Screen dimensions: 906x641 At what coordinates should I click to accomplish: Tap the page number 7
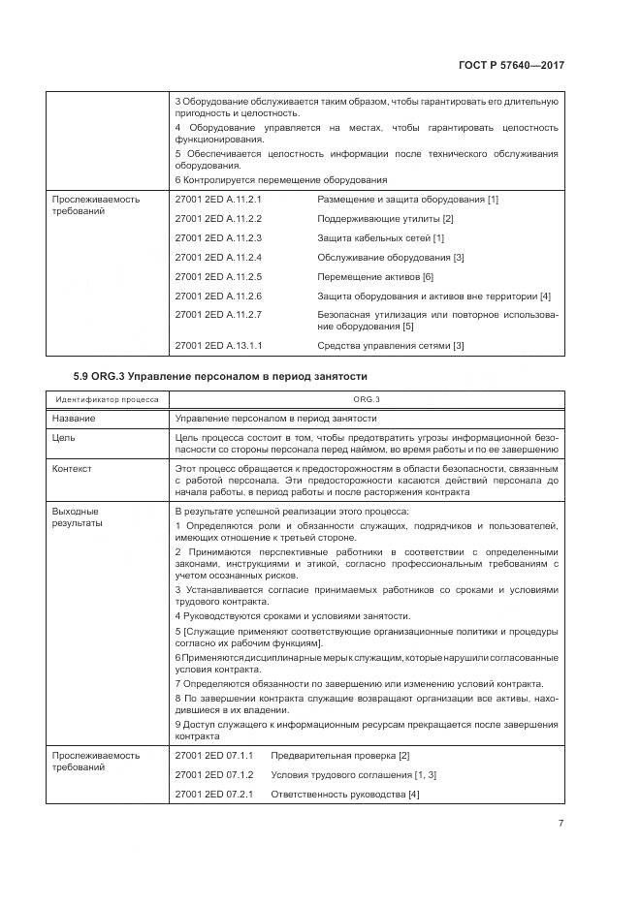pos(561,824)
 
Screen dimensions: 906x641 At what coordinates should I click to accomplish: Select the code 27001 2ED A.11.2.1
pos(219,199)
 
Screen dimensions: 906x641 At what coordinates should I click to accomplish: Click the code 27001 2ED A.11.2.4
pos(219,257)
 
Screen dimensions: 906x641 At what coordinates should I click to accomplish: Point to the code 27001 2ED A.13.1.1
pos(219,345)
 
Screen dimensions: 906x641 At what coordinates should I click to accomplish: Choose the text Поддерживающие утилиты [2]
pos(385,218)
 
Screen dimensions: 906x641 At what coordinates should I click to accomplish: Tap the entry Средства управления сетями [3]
pos(391,345)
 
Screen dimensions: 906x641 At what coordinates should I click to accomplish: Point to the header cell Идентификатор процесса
pos(108,398)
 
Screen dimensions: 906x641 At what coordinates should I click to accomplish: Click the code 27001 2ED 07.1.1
pos(214,755)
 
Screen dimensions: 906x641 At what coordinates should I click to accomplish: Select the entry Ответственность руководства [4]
pos(344,795)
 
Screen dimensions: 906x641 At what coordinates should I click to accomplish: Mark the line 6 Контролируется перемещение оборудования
pos(280,179)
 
